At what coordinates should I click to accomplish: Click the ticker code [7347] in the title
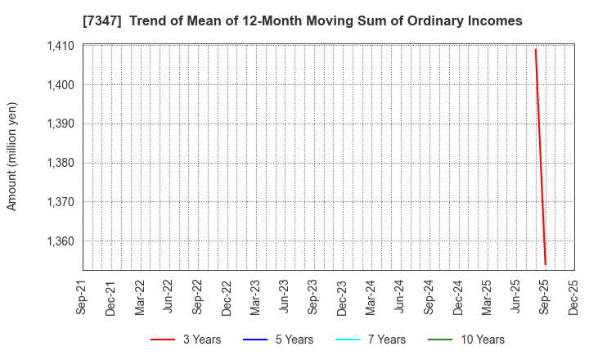click(x=101, y=20)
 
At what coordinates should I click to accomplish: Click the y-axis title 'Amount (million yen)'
click(x=12, y=156)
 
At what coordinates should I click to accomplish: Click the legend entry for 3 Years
click(x=185, y=340)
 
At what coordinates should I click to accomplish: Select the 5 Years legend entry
click(x=276, y=340)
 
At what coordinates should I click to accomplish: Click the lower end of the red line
click(x=545, y=264)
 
